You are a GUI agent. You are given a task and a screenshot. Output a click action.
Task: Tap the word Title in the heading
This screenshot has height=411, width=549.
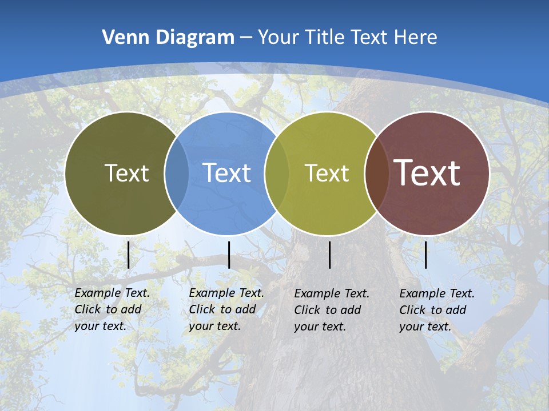325,37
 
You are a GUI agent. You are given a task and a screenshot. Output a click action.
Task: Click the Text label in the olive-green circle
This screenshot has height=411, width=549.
126,173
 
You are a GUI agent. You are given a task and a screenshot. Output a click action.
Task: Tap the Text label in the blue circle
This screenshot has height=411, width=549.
226,173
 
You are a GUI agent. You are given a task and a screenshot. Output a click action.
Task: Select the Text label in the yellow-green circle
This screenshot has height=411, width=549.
327,173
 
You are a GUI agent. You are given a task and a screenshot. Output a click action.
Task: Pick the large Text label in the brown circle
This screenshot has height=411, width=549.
427,172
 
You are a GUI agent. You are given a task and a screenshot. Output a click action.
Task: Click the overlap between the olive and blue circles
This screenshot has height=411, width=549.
177,173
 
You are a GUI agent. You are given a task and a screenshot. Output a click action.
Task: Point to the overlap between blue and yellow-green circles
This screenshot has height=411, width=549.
277,173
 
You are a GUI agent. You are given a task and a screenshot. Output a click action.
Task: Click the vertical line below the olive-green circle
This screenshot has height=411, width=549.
129,255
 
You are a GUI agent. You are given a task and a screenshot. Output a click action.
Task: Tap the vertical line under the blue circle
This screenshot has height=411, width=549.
229,255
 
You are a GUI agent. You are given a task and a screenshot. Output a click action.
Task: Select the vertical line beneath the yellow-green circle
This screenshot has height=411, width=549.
329,255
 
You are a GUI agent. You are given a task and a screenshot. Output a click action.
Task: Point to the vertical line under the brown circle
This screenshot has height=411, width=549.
425,255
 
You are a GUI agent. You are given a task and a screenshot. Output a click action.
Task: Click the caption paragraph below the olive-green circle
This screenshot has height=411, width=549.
112,309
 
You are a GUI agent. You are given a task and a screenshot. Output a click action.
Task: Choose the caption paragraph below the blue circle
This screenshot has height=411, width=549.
226,309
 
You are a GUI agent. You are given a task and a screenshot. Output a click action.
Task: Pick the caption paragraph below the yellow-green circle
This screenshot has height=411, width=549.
332,310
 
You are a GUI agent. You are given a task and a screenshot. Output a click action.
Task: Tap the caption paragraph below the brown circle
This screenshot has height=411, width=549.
437,310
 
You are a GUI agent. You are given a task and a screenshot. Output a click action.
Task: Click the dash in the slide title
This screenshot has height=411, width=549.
246,38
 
